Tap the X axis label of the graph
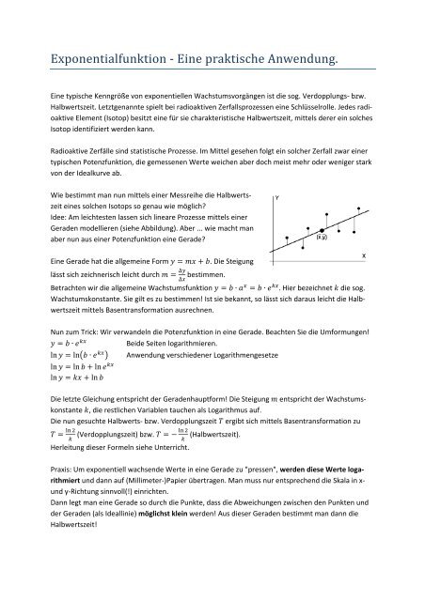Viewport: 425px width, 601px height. [390, 256]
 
